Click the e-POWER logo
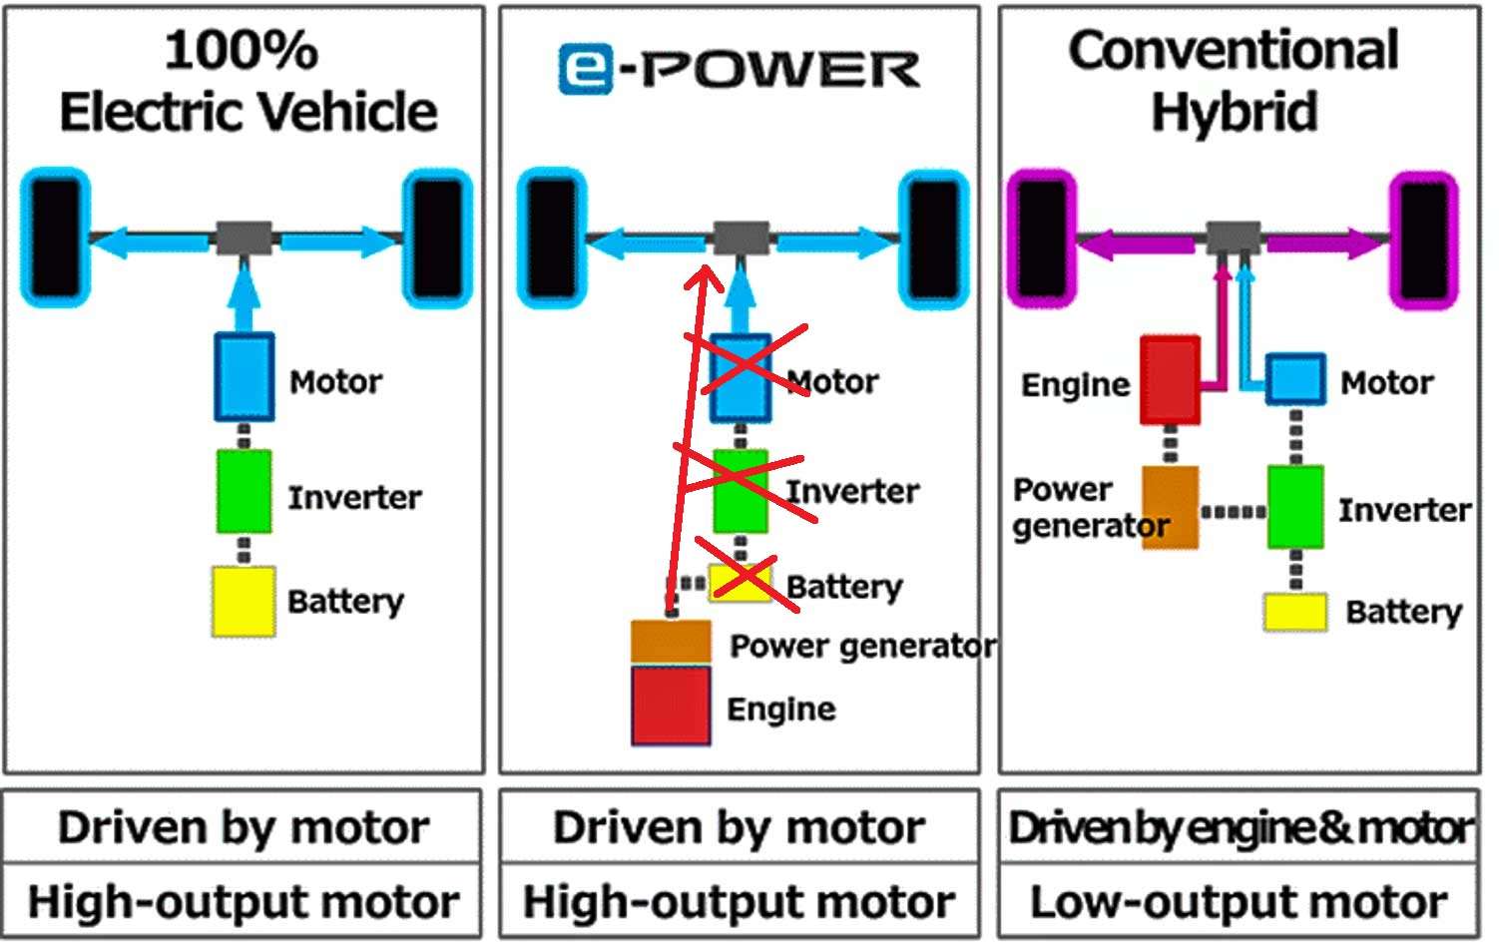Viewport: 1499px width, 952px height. point(739,70)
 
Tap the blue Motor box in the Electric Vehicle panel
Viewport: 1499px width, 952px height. point(245,376)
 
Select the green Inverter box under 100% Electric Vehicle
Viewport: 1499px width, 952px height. point(245,491)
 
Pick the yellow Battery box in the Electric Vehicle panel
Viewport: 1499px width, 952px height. point(244,601)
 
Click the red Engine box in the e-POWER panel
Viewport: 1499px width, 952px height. point(671,707)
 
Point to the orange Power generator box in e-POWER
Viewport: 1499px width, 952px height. point(671,642)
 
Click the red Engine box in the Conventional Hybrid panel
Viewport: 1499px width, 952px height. point(1170,380)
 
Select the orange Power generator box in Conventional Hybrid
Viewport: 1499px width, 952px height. point(1170,507)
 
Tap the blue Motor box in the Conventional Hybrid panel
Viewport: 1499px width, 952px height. point(1295,379)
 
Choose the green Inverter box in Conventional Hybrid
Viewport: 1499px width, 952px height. point(1295,507)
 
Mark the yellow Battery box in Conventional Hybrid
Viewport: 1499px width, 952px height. point(1295,612)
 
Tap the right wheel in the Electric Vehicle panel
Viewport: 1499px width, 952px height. point(437,239)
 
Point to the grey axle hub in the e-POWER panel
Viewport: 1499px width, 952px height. point(741,238)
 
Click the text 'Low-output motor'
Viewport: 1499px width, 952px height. point(1239,902)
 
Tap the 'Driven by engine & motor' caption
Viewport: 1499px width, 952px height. point(1240,827)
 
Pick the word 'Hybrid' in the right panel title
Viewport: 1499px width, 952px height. point(1235,111)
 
